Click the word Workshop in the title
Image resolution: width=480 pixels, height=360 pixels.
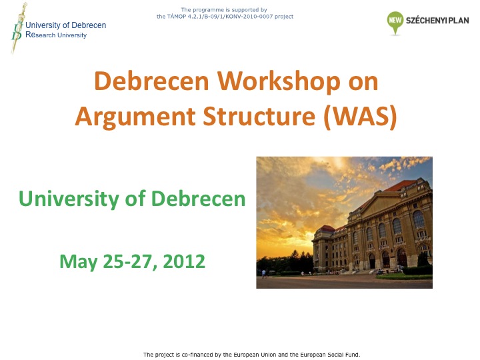point(279,81)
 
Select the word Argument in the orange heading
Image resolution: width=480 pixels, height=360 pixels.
point(135,117)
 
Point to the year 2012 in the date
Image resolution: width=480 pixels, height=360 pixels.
point(184,261)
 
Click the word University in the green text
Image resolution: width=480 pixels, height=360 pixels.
point(69,199)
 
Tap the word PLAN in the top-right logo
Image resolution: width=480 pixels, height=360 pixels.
point(459,21)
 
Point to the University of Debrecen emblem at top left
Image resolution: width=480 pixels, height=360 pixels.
point(18,28)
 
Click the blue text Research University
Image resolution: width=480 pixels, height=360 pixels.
point(56,35)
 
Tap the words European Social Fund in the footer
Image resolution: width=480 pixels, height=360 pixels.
point(330,355)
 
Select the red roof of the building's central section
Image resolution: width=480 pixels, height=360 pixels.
point(399,185)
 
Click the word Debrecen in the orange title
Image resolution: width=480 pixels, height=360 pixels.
point(152,81)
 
